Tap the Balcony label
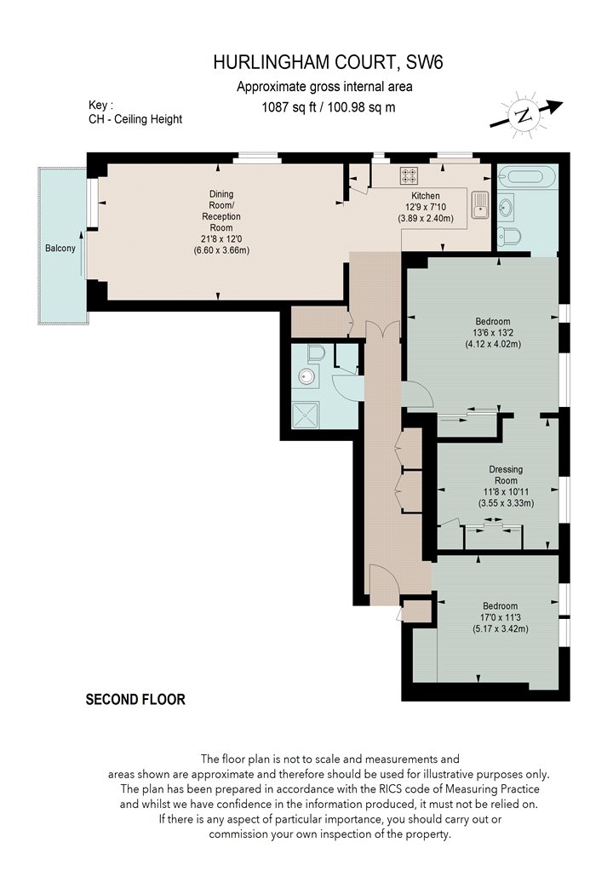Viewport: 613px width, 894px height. tap(60, 248)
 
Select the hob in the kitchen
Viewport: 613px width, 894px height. tap(409, 175)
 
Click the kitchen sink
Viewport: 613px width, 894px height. tap(480, 204)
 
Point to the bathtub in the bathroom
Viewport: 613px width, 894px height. tap(526, 176)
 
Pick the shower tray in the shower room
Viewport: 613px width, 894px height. tap(305, 415)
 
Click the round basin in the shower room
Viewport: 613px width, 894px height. tap(306, 377)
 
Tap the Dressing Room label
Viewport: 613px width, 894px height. tap(506, 475)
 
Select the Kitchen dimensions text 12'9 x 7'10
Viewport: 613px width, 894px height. tap(426, 207)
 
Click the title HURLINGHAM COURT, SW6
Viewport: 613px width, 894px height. tap(328, 61)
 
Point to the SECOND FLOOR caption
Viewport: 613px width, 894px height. tap(135, 700)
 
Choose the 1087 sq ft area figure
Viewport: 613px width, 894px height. tap(288, 107)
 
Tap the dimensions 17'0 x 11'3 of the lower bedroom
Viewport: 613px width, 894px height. tap(500, 617)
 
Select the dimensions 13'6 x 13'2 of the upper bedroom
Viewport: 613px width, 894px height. tap(493, 333)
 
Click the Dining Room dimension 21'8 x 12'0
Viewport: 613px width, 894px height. tap(221, 239)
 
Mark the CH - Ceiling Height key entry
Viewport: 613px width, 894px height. tap(135, 119)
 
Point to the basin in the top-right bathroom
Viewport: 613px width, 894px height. tap(506, 204)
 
